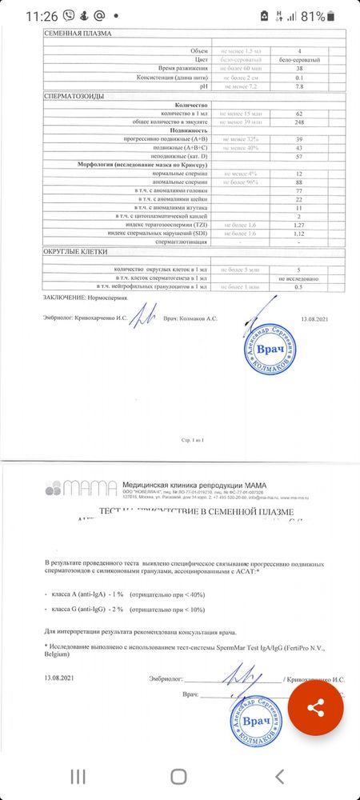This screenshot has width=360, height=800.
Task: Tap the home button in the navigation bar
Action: coord(179,775)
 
